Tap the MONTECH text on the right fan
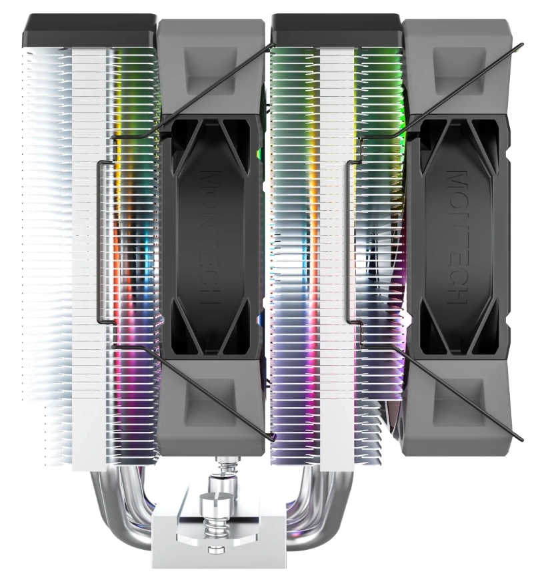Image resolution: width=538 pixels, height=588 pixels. click(x=457, y=237)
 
